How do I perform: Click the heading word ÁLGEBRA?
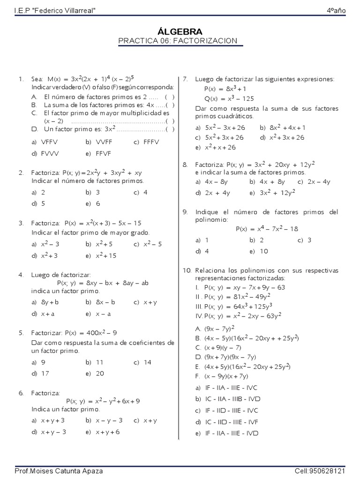(180, 32)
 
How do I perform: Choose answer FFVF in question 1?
(103, 153)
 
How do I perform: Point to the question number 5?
(21, 333)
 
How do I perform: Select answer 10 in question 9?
(263, 251)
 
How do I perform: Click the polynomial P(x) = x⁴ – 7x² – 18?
(267, 229)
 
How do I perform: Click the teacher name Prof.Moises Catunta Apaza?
(59, 470)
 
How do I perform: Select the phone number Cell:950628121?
(320, 470)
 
